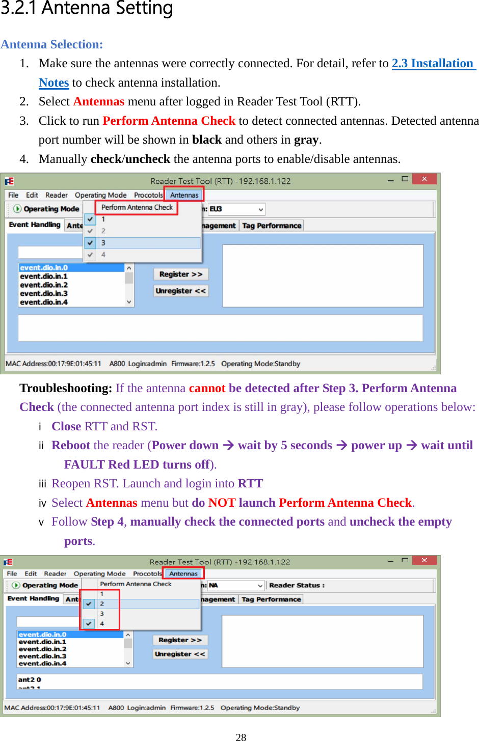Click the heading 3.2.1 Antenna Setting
point(87,9)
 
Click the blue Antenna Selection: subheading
point(51,44)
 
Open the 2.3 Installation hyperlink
point(433,63)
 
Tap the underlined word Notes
point(54,83)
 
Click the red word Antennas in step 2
point(98,101)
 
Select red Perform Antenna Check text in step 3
point(169,121)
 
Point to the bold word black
point(206,140)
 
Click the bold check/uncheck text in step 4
point(130,159)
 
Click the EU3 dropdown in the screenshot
point(236,209)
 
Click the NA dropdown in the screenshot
point(235,585)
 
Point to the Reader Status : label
point(297,585)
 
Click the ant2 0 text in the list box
point(30,679)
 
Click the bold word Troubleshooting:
point(66,388)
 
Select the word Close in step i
point(66,426)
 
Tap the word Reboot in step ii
point(71,445)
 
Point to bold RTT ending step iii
point(250,483)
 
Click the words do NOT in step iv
point(214,503)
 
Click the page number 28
point(241,737)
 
